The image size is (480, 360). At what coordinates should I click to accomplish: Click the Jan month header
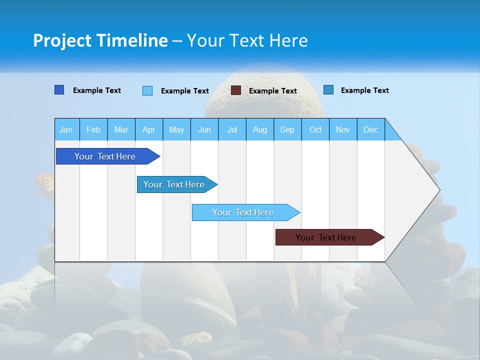[x=66, y=130]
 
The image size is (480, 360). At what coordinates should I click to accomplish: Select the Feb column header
[x=93, y=130]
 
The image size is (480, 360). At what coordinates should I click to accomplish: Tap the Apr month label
[x=148, y=130]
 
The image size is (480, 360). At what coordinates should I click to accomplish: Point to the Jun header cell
[x=204, y=130]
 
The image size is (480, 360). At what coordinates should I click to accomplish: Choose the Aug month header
[x=259, y=130]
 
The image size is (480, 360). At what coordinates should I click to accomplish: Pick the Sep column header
[x=287, y=130]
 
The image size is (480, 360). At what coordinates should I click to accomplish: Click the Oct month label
[x=315, y=130]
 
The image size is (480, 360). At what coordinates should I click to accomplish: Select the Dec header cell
[x=370, y=130]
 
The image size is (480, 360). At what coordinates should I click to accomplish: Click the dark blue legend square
[x=59, y=90]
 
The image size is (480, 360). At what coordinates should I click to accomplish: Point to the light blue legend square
[x=147, y=90]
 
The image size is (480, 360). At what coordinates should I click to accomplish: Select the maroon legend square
[x=236, y=90]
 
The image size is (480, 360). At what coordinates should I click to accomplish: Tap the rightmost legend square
[x=328, y=90]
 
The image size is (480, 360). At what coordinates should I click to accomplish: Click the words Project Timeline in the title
[x=100, y=40]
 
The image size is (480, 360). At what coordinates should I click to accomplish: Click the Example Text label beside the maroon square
[x=273, y=91]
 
